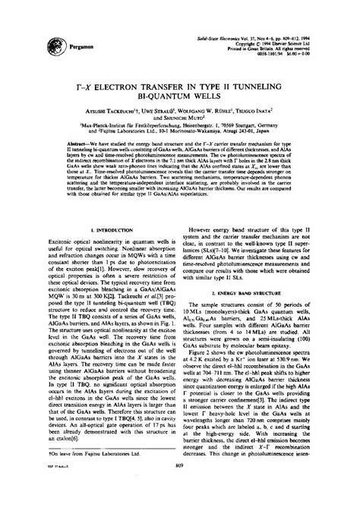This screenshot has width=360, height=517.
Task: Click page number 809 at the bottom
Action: (x=179, y=507)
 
